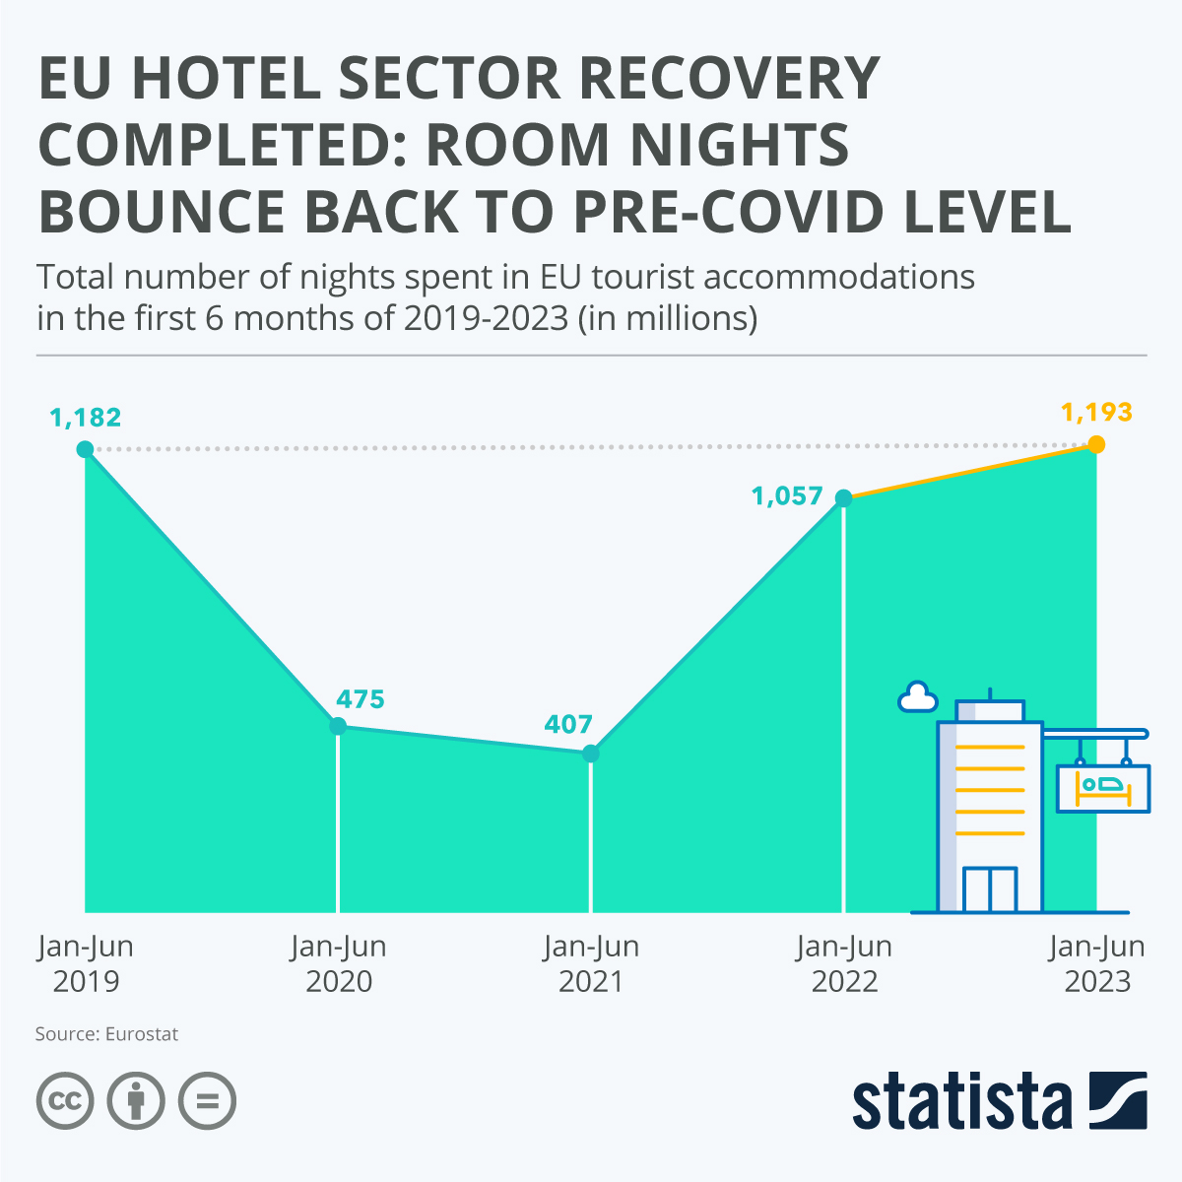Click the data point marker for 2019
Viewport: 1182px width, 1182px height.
(x=85, y=449)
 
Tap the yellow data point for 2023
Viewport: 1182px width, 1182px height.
(x=1096, y=444)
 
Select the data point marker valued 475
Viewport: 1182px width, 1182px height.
(x=338, y=726)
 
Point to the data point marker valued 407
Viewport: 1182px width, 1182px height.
(x=591, y=754)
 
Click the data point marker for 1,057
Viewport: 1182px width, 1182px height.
(x=843, y=497)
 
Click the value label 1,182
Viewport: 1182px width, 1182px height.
(x=86, y=418)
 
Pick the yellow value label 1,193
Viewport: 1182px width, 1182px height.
(x=1096, y=412)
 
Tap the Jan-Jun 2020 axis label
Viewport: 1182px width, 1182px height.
(x=339, y=964)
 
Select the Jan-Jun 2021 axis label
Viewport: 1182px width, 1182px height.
(x=591, y=964)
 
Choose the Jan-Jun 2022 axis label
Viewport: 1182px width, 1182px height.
(x=844, y=964)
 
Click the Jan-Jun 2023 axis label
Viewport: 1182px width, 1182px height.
(x=1097, y=964)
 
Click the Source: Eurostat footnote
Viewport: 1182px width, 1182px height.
(x=106, y=1034)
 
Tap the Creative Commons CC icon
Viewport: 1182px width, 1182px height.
(x=65, y=1100)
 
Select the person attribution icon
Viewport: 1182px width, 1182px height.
(x=136, y=1100)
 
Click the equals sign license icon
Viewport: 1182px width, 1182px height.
(x=207, y=1100)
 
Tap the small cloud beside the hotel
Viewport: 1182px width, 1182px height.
(x=917, y=697)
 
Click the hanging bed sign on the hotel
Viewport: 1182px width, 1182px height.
(x=1103, y=788)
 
